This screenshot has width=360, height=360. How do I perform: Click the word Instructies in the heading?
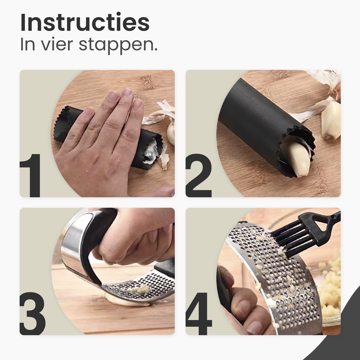coord(85,23)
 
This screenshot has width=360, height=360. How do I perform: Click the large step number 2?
coord(198,175)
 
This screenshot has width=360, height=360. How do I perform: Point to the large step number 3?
coord(32,313)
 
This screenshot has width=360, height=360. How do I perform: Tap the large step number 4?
coord(199,313)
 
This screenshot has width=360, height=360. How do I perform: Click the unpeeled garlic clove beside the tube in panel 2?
coord(332,120)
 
